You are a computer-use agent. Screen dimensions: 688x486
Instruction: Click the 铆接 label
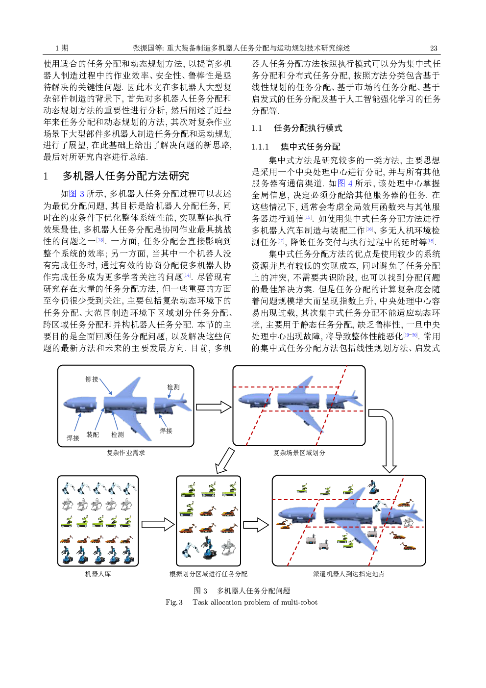(92, 379)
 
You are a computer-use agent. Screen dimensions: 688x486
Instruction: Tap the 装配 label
(93, 434)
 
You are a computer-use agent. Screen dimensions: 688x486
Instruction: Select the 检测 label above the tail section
(173, 387)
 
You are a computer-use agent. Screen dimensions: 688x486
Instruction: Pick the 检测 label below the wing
(118, 434)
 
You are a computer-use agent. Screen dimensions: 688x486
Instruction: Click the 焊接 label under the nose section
(73, 437)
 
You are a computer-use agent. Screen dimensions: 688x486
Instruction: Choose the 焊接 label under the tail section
(166, 431)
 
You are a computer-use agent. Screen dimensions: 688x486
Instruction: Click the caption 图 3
(76, 194)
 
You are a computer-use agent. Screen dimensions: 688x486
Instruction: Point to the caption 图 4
(345, 183)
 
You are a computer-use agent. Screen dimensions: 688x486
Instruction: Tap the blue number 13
(100, 240)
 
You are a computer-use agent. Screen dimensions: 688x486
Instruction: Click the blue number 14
(187, 276)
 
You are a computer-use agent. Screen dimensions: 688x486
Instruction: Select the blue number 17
(281, 241)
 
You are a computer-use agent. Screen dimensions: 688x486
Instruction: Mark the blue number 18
(431, 241)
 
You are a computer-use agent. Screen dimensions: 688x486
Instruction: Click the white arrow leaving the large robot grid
(157, 525)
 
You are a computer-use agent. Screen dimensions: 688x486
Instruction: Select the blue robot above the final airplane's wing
(373, 486)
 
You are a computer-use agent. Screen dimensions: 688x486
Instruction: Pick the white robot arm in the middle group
(190, 549)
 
